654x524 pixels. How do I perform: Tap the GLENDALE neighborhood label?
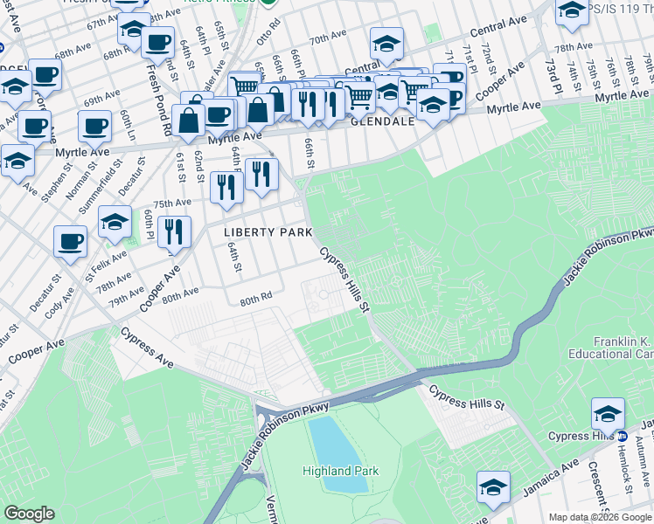(x=382, y=123)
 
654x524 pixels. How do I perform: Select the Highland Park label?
(x=341, y=471)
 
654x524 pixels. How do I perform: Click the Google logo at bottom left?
(x=29, y=514)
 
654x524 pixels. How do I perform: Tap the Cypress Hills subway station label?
(x=582, y=436)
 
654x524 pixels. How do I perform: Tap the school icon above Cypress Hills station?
(x=608, y=412)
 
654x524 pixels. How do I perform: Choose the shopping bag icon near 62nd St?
(x=189, y=121)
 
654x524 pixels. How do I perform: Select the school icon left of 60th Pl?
(x=115, y=223)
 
